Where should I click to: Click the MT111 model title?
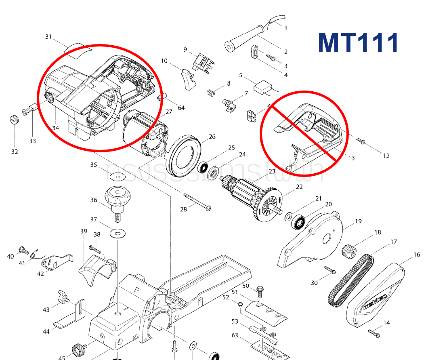coord(358,43)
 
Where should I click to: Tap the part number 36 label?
coord(94,200)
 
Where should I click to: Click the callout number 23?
coord(272,171)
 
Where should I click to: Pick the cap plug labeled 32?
coord(15,120)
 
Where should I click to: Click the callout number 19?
coord(358,221)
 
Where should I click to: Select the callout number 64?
coord(181,108)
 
